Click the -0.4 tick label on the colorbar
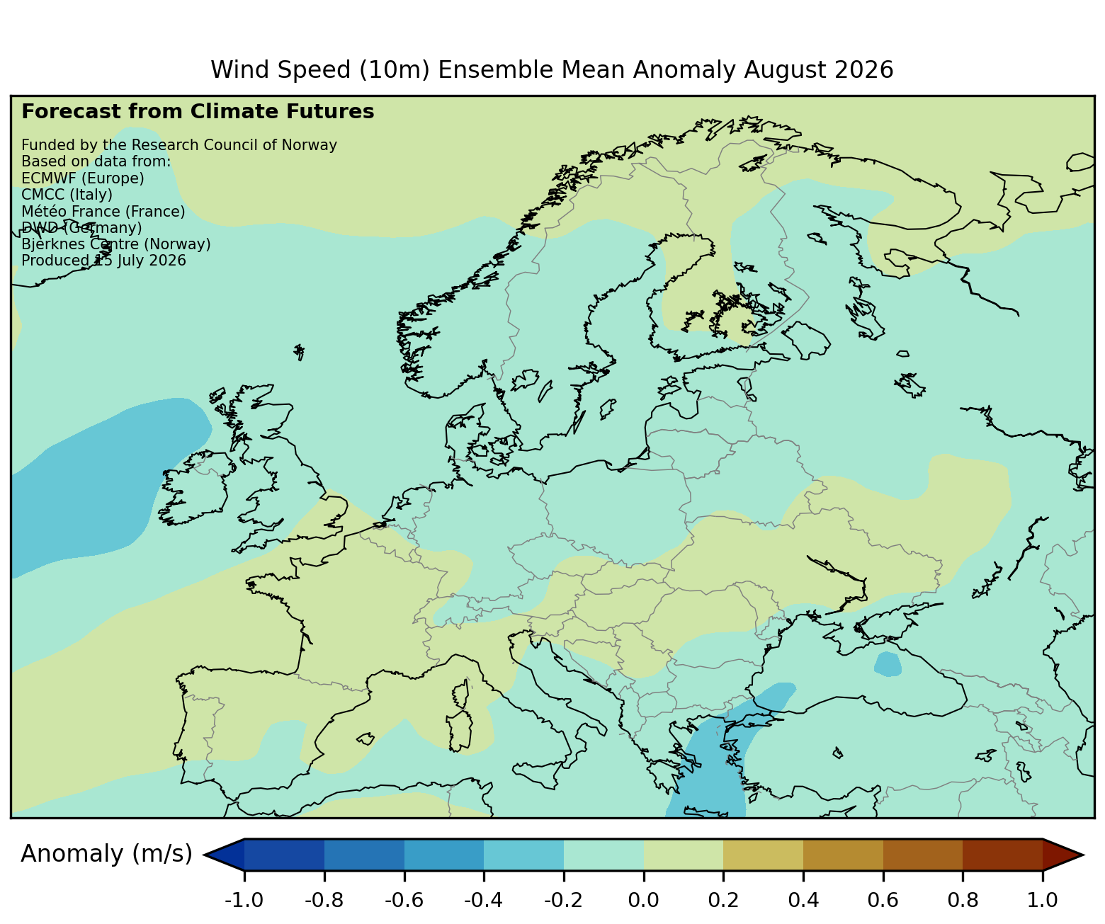(482, 900)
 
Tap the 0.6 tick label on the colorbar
(882, 900)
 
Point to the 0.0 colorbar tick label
(643, 900)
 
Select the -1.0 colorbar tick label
(244, 900)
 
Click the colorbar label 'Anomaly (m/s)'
(106, 854)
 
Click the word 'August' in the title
(684, 70)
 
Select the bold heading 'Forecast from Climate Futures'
(198, 112)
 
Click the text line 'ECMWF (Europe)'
(83, 178)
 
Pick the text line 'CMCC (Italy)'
(67, 195)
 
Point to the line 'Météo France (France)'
(103, 212)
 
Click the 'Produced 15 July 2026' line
(103, 261)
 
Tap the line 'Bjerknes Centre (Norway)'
(116, 244)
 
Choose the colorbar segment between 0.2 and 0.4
(763, 854)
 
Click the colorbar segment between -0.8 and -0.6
(364, 854)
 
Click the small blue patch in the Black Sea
(888, 664)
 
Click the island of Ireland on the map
(195, 487)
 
